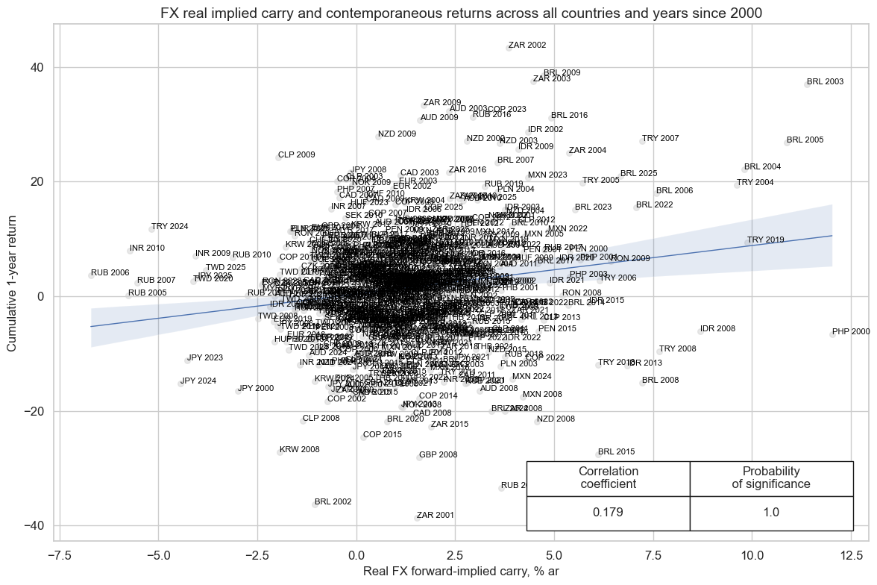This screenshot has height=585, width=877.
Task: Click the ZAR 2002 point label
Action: pyautogui.click(x=526, y=46)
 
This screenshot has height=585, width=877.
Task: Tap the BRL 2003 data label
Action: pyautogui.click(x=825, y=81)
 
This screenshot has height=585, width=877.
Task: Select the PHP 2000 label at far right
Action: pyautogui.click(x=851, y=332)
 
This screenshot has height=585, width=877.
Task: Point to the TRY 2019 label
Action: pyautogui.click(x=766, y=240)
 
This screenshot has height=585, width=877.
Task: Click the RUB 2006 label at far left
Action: pyautogui.click(x=110, y=273)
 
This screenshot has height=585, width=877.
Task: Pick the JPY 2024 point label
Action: pyautogui.click(x=198, y=381)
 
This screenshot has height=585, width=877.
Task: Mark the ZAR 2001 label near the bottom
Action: pyautogui.click(x=435, y=515)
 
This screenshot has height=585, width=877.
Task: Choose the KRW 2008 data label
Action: pyautogui.click(x=300, y=450)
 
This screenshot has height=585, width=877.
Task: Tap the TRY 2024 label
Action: pyautogui.click(x=169, y=227)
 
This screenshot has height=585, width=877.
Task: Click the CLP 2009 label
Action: pyautogui.click(x=296, y=155)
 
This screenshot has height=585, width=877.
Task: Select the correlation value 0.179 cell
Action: pyautogui.click(x=608, y=513)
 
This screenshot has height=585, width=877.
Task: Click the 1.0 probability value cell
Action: pyautogui.click(x=771, y=513)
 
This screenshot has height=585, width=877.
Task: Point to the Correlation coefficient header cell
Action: pyautogui.click(x=608, y=478)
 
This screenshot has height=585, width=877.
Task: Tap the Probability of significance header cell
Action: pyautogui.click(x=771, y=478)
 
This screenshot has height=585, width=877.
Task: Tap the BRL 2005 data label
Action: pyautogui.click(x=805, y=140)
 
